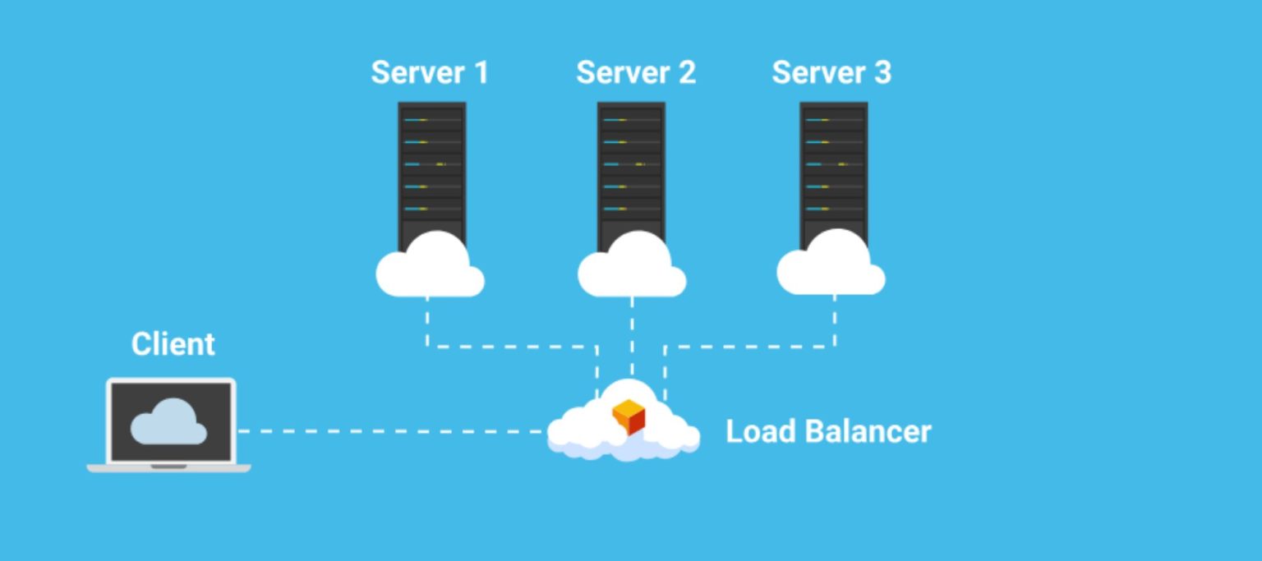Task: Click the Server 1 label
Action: (x=430, y=72)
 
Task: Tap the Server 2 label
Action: (x=636, y=72)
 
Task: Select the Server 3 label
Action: (x=831, y=72)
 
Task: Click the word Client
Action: (x=173, y=343)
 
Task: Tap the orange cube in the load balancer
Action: (x=629, y=416)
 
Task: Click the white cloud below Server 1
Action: (x=431, y=269)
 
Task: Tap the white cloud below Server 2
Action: (x=632, y=269)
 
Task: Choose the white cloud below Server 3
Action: (x=831, y=269)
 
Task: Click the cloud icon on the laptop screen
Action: (x=169, y=422)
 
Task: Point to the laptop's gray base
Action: (x=168, y=467)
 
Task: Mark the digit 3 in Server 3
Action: (x=882, y=72)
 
